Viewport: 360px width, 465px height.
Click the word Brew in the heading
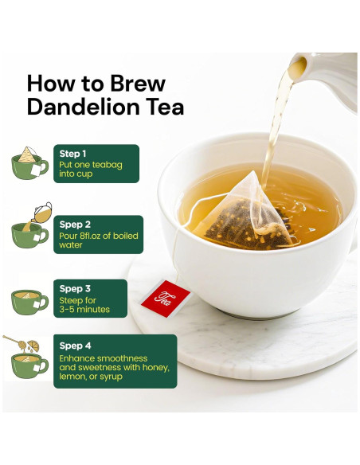point(138,84)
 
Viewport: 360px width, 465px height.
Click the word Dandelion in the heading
point(84,107)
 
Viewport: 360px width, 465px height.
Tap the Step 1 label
point(72,154)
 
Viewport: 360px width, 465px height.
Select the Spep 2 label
point(75,225)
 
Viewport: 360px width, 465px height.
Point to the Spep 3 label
point(75,288)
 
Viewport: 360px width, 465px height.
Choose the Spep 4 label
point(75,346)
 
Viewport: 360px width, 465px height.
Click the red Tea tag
point(165,299)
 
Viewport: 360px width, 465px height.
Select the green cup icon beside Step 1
point(29,163)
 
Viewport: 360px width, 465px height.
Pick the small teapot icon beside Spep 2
point(42,212)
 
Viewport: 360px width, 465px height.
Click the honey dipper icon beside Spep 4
point(14,342)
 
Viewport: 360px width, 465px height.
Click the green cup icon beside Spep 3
point(29,303)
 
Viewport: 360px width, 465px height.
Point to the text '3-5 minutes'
point(84,310)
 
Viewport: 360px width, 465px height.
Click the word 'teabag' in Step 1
point(107,165)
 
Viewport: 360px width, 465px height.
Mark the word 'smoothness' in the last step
point(123,358)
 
